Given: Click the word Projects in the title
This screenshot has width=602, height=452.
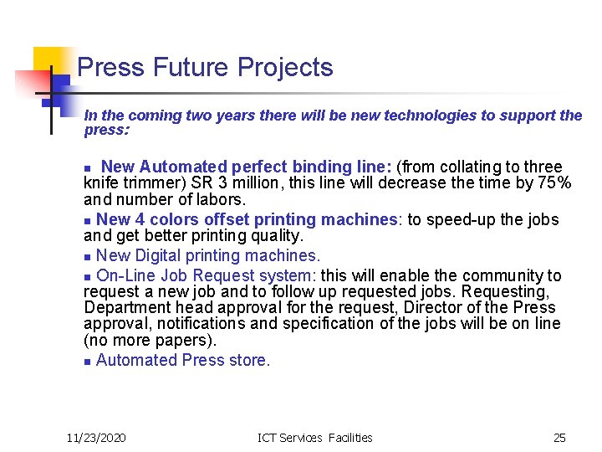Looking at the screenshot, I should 285,68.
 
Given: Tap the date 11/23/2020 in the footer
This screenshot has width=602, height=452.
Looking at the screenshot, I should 96,437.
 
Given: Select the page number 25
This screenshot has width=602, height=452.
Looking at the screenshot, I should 559,437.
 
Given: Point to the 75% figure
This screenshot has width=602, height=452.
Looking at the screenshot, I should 554,183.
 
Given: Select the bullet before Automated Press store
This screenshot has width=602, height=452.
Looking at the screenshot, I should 88,362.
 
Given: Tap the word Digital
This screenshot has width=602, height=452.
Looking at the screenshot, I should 159,256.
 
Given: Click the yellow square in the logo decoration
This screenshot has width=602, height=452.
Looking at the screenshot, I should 49,61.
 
